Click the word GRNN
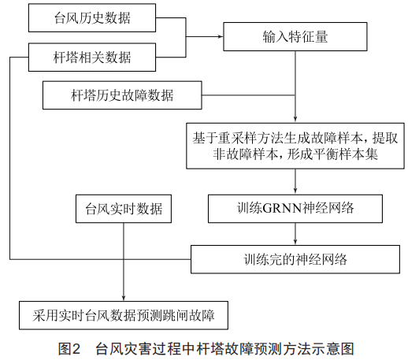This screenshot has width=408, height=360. pos(282,209)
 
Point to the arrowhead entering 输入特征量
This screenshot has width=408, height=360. pos(221,36)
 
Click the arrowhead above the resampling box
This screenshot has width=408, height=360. pos(295,120)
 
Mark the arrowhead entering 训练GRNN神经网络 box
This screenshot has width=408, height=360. pos(295,191)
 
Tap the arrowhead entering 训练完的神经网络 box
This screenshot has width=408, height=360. pos(295,243)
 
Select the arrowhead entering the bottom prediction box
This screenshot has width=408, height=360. pos(124,299)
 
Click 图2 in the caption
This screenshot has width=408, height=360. pos(69,349)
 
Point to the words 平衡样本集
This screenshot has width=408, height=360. pos(346,154)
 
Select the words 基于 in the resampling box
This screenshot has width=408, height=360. pos(205,139)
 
